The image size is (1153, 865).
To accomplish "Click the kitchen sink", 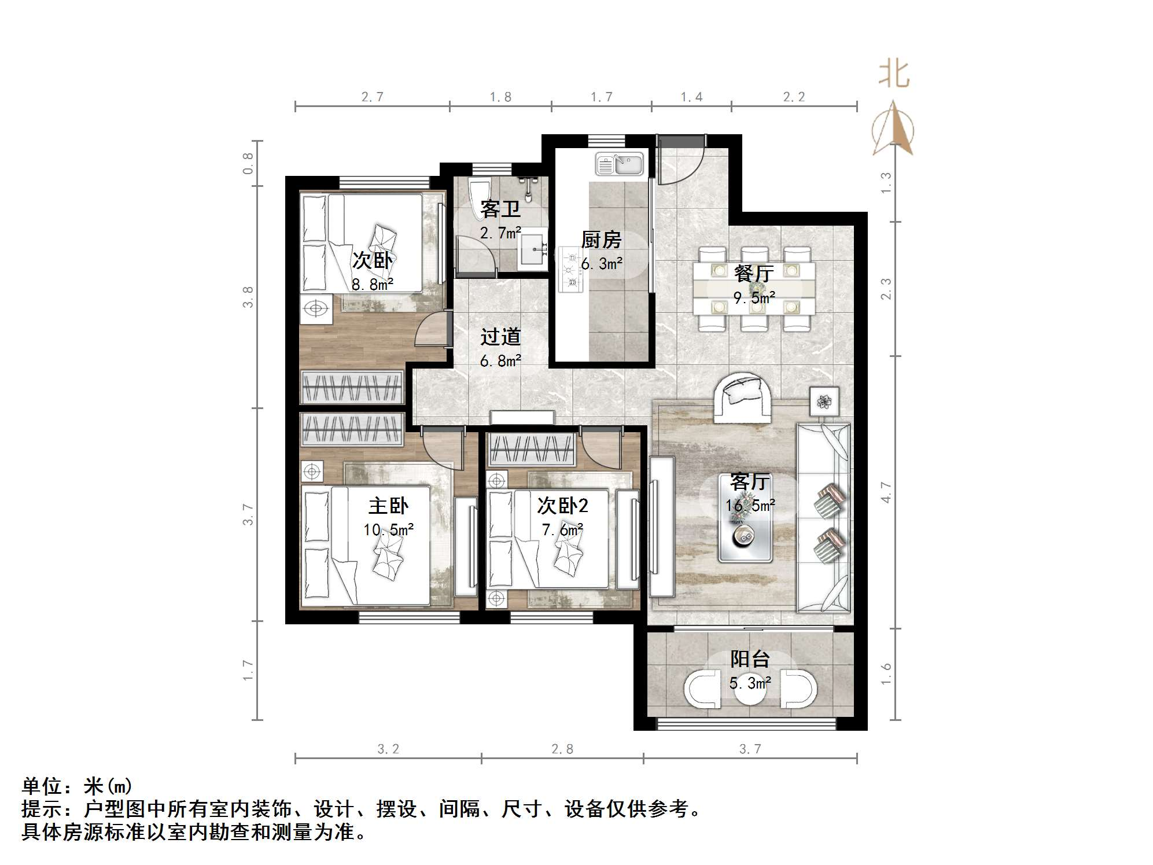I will (x=620, y=164).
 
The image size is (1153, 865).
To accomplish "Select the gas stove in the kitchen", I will (x=572, y=268).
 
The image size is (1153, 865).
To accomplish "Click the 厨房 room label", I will (x=601, y=239).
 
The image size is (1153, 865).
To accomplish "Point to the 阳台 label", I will (x=749, y=658).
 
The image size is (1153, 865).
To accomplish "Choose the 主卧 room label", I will (x=388, y=506).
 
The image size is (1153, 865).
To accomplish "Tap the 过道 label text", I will (x=500, y=336).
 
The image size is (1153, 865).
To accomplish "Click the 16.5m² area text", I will (x=750, y=505).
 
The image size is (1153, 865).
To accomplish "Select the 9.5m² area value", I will (x=754, y=297).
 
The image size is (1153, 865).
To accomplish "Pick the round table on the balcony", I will (x=750, y=694).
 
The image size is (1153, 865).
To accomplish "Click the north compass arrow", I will (x=894, y=130).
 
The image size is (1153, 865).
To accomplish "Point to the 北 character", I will (x=894, y=75).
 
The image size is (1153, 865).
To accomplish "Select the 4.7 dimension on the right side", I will (x=886, y=492).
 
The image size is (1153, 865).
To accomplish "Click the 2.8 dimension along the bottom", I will (x=562, y=749).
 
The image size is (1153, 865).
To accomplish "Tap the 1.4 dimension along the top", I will (x=691, y=97).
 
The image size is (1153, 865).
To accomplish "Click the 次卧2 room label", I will (x=562, y=506).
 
